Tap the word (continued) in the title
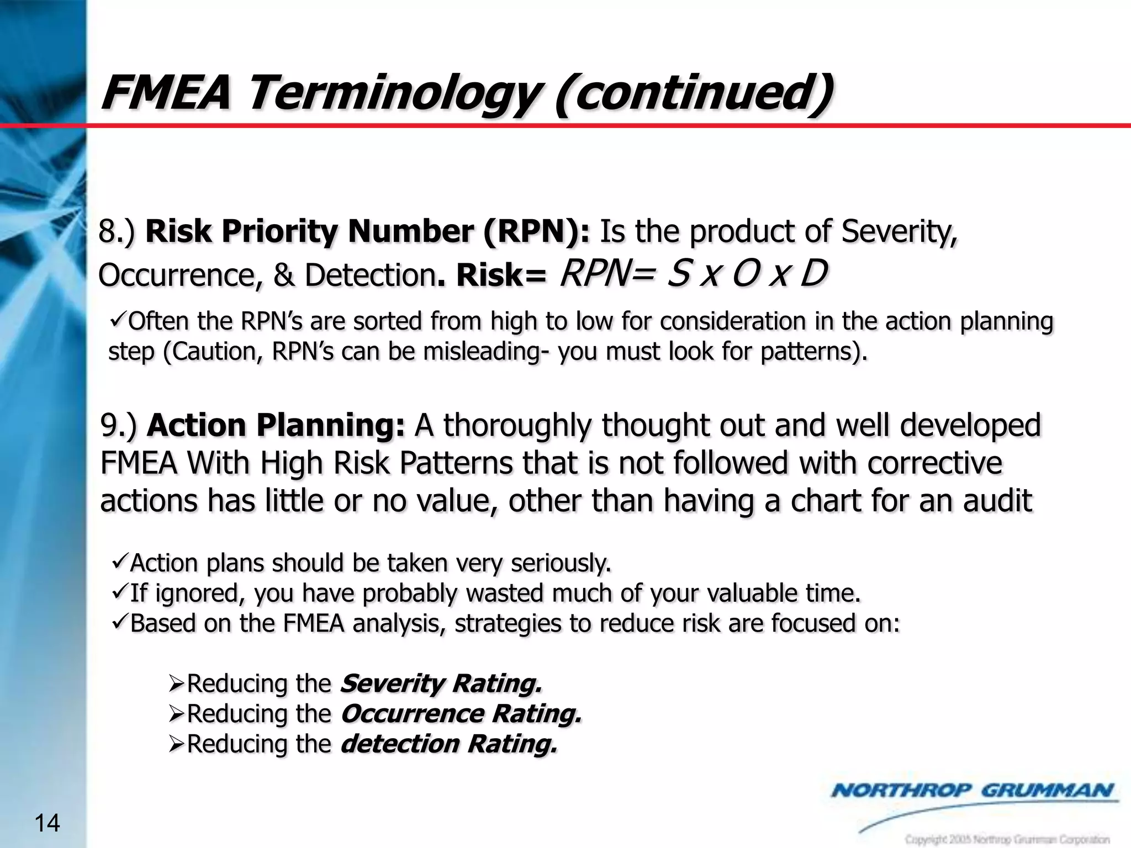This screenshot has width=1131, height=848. (x=693, y=92)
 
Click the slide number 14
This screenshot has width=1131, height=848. (x=47, y=823)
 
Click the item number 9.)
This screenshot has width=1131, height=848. (x=118, y=426)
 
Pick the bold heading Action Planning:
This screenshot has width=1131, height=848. (x=276, y=426)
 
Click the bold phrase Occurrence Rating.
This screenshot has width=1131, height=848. (x=461, y=714)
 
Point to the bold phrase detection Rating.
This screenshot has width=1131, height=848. (x=449, y=744)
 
